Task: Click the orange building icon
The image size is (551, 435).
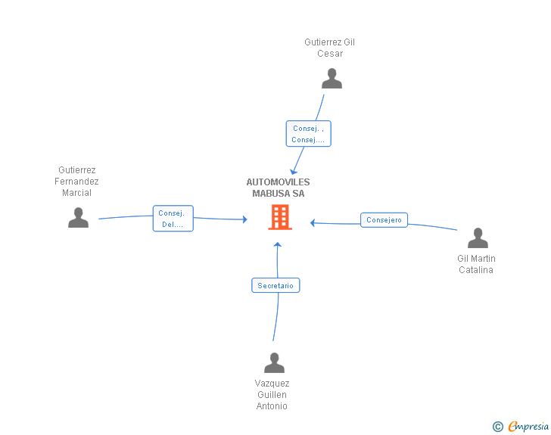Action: pos(280,218)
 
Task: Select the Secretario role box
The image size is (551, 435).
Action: pos(275,285)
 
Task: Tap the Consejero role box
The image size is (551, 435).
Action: pos(384,220)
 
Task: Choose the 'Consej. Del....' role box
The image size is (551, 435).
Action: pos(173,219)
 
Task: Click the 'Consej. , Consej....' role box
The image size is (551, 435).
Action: pos(309,133)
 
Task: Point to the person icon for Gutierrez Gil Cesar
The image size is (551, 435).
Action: pos(332,79)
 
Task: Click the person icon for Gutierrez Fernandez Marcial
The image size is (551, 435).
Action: pos(79,218)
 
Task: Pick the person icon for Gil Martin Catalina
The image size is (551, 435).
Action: pos(478,238)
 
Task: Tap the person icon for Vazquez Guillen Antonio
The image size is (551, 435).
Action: pos(275,362)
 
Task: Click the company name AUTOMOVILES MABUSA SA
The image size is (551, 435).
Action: pos(278,188)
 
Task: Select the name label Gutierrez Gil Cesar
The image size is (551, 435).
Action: pos(330,48)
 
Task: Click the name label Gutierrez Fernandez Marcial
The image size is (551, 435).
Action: pos(76,182)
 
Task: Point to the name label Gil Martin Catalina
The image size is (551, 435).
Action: pos(476,264)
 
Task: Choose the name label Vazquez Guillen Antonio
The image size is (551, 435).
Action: pos(272,395)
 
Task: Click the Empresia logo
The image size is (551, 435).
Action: pos(528,426)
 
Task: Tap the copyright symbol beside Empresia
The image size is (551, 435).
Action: pos(498,427)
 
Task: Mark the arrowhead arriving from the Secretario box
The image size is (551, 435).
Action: pos(278,244)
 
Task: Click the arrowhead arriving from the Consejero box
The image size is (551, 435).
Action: pos(313,222)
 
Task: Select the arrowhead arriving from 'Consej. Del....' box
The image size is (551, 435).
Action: pos(245,219)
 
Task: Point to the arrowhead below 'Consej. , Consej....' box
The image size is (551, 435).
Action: pos(294,172)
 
